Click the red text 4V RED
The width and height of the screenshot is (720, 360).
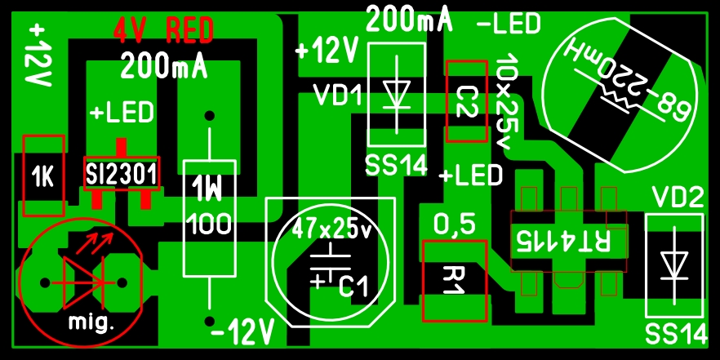[x=163, y=30]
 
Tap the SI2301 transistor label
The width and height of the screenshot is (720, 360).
[x=122, y=174]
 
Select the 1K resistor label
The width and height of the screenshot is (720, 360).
[x=43, y=177]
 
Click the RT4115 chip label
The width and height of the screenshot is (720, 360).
[x=564, y=241]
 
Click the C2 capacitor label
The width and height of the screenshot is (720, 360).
[x=468, y=101]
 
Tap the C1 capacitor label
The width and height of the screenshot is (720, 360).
[x=353, y=287]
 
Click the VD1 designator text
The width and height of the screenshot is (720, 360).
[x=337, y=95]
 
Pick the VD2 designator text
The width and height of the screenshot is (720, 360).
[x=678, y=198]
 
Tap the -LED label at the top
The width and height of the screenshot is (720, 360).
[x=509, y=24]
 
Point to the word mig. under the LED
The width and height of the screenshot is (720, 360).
[x=91, y=322]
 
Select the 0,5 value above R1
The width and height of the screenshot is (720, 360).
[x=455, y=225]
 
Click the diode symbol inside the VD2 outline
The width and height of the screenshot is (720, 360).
[x=674, y=265]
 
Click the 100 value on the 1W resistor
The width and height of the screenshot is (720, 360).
[x=209, y=224]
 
